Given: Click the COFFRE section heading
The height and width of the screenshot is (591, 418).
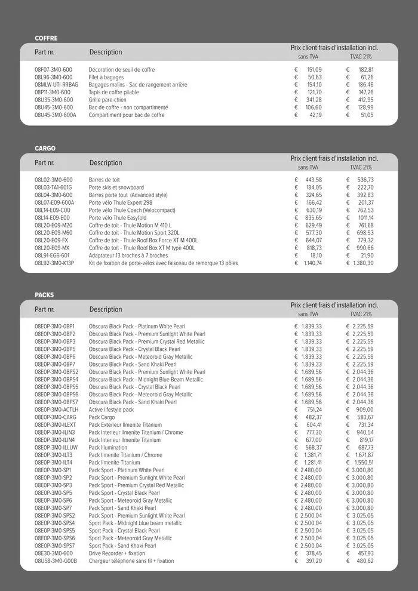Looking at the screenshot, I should (x=46, y=38).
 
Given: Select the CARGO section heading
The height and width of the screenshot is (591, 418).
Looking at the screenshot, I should (x=45, y=148).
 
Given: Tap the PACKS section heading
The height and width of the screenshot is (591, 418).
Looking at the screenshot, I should (x=44, y=295).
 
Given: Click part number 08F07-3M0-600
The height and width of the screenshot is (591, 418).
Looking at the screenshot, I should (x=53, y=70).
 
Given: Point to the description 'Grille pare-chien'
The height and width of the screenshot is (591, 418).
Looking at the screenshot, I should (x=107, y=100).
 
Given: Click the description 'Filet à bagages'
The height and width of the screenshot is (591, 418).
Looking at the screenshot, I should (x=106, y=77).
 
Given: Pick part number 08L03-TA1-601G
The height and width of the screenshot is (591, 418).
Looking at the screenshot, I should (x=53, y=187).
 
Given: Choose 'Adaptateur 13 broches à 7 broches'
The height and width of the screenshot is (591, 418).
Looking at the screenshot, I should (x=128, y=255).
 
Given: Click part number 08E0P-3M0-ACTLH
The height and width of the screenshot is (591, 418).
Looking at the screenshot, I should (x=56, y=410).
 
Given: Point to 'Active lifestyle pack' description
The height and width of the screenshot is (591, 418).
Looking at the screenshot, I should (x=111, y=410).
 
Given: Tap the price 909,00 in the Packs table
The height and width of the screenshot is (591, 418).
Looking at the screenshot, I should (x=364, y=410).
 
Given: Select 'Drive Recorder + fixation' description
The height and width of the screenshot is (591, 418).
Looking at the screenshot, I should (x=116, y=553).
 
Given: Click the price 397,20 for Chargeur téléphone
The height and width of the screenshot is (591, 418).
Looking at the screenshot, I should (x=314, y=561).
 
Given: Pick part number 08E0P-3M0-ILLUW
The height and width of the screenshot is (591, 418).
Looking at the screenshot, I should (x=56, y=447).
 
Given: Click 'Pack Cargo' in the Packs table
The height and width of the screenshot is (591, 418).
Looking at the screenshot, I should (x=102, y=417).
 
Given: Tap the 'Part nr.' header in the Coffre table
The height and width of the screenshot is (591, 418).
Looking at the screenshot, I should (x=44, y=52).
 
